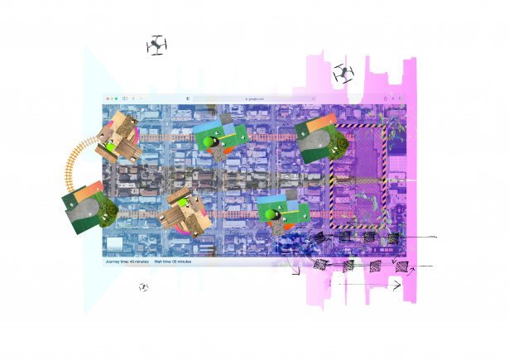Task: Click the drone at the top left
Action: pyautogui.click(x=156, y=45)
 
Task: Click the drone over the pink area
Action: pyautogui.click(x=343, y=74)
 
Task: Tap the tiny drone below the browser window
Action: pyautogui.click(x=144, y=287)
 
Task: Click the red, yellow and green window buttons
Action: pyautogui.click(x=111, y=98)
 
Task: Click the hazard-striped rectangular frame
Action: pyautogui.click(x=358, y=175)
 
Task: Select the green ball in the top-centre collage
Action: pyautogui.click(x=209, y=143)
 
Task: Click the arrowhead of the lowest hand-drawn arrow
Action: pyautogui.click(x=398, y=286)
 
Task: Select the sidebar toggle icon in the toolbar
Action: pyautogui.click(x=125, y=98)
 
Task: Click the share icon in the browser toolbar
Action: pyautogui.click(x=385, y=98)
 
